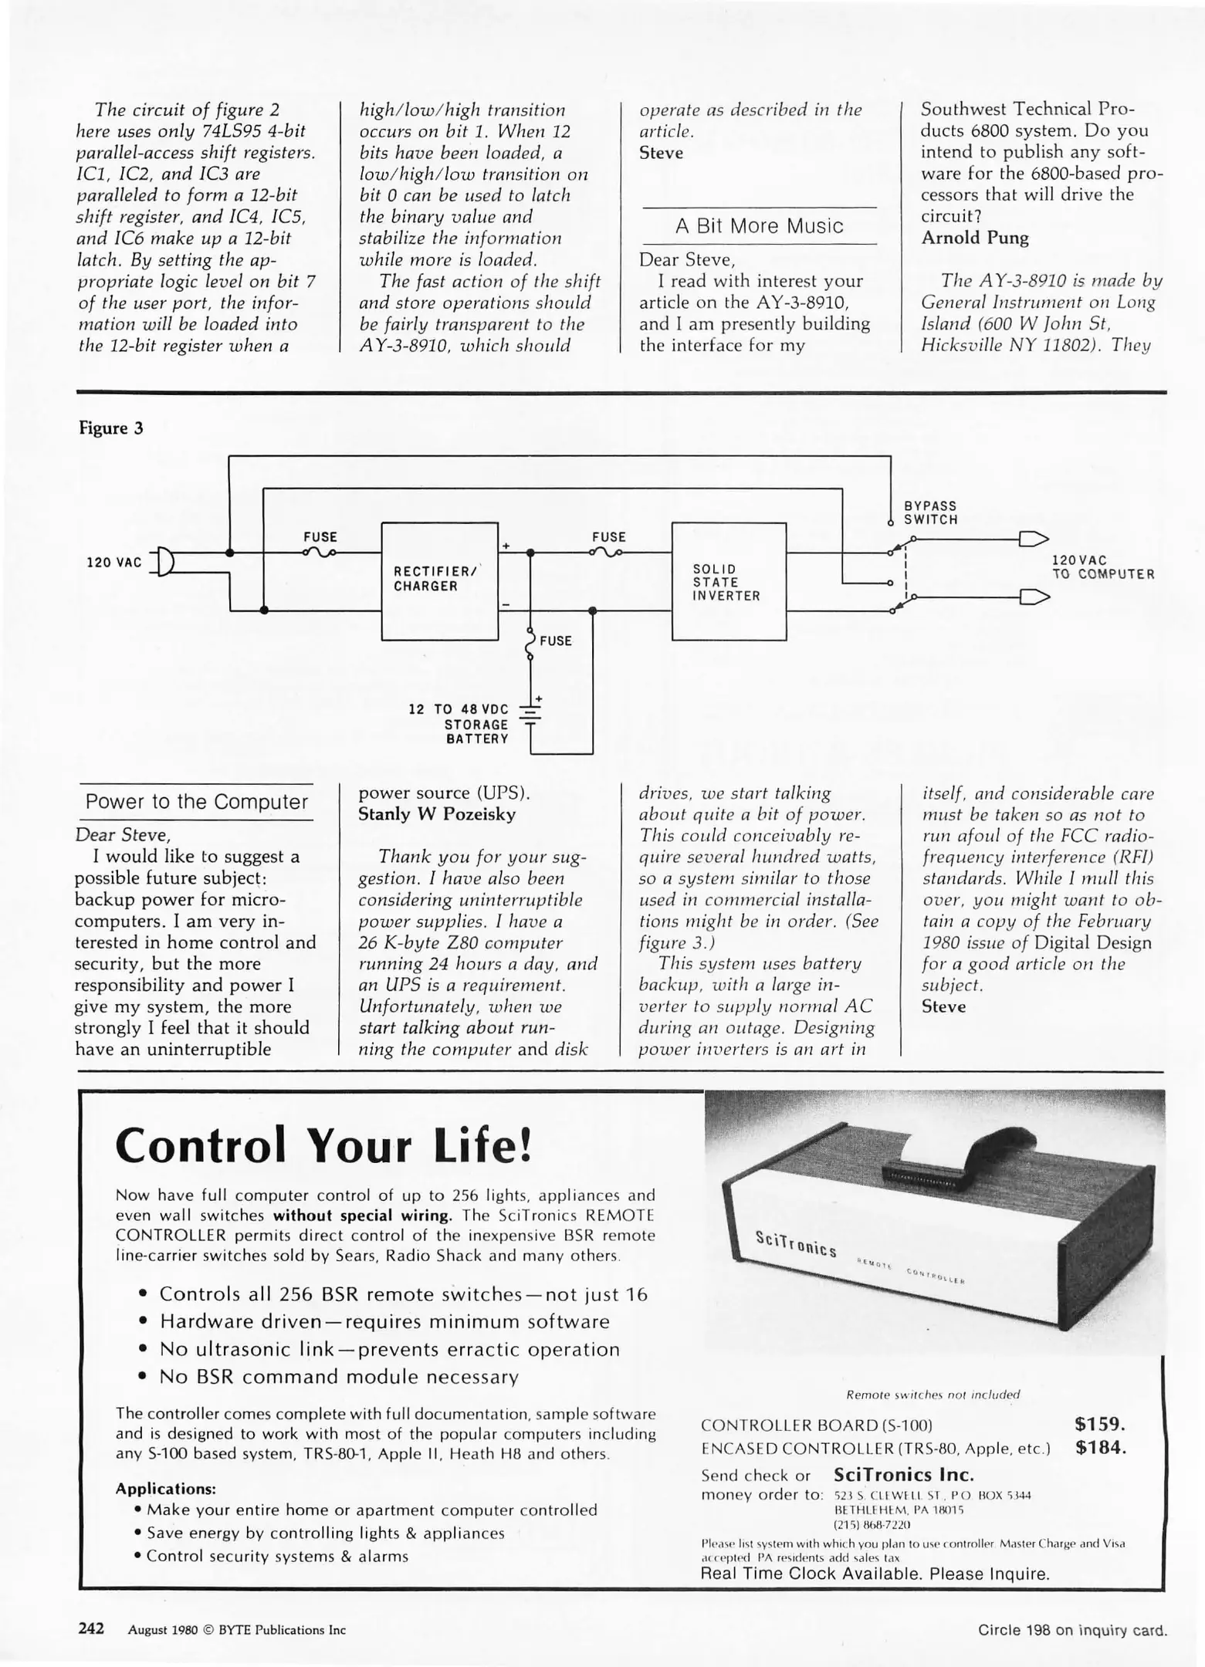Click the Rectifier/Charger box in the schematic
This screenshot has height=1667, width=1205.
439,580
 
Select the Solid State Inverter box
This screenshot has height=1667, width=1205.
728,581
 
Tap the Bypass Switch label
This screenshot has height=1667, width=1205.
930,512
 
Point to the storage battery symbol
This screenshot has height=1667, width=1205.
530,713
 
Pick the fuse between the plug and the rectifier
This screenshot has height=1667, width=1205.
320,552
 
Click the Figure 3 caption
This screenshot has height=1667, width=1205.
111,428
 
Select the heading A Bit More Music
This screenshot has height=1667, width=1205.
759,226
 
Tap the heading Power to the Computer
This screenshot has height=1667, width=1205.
196,802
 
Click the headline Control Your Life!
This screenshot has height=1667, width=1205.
323,1146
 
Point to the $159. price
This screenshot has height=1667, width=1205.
1100,1424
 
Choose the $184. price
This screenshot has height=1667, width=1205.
1100,1447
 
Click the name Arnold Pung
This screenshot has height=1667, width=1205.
975,238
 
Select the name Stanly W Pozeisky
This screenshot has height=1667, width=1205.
437,814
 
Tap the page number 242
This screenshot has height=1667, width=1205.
91,1629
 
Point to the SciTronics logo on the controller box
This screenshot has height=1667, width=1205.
795,1243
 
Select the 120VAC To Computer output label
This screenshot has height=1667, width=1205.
1103,567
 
